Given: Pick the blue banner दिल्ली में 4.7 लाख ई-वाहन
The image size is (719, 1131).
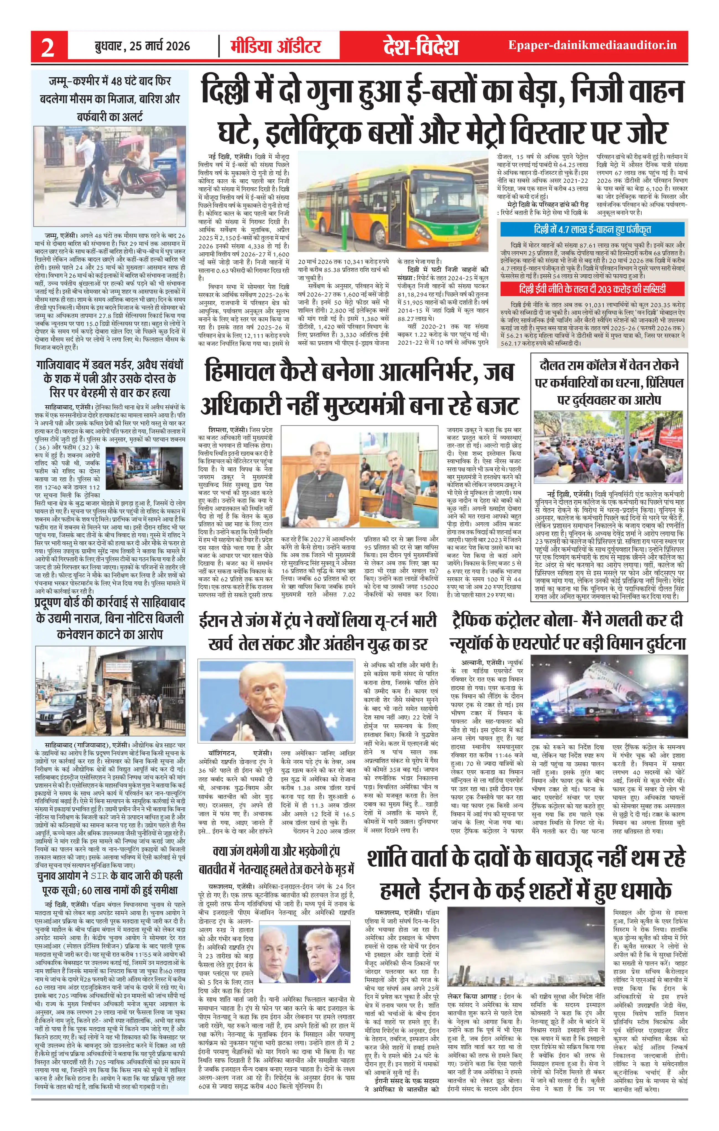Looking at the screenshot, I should [x=592, y=229].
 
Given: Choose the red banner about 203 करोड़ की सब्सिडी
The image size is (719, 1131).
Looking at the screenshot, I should [x=592, y=288].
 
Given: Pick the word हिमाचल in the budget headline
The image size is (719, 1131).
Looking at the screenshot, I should [x=239, y=373].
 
